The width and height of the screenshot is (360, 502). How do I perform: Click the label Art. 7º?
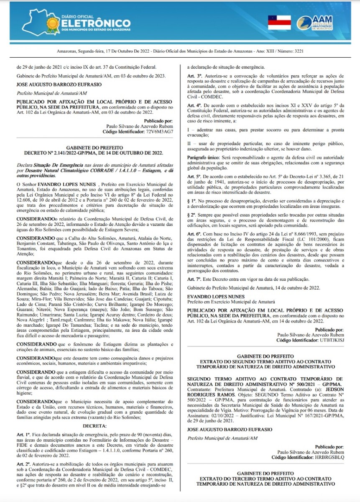[x=194, y=279]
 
